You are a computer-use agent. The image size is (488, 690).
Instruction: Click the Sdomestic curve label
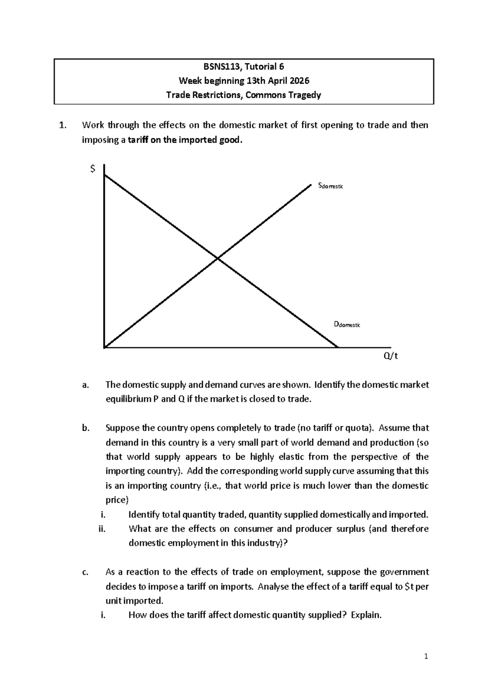click(331, 186)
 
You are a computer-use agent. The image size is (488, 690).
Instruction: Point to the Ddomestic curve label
click(346, 324)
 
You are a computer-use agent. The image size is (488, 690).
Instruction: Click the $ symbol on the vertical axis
click(93, 168)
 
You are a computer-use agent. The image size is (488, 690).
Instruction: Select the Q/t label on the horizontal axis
click(391, 356)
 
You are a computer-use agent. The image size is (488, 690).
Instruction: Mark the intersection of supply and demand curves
click(218, 258)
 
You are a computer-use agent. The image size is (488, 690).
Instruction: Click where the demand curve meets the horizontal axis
click(337, 347)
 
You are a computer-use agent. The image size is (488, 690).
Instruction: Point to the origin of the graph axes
click(105, 347)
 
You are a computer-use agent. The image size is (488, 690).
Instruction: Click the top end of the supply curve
click(310, 185)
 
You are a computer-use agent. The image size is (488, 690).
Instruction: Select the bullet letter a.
click(85, 385)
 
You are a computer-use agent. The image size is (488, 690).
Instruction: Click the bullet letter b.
click(85, 428)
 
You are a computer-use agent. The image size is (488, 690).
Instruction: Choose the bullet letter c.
click(85, 572)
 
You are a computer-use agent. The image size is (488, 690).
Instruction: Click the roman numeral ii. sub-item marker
click(102, 529)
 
